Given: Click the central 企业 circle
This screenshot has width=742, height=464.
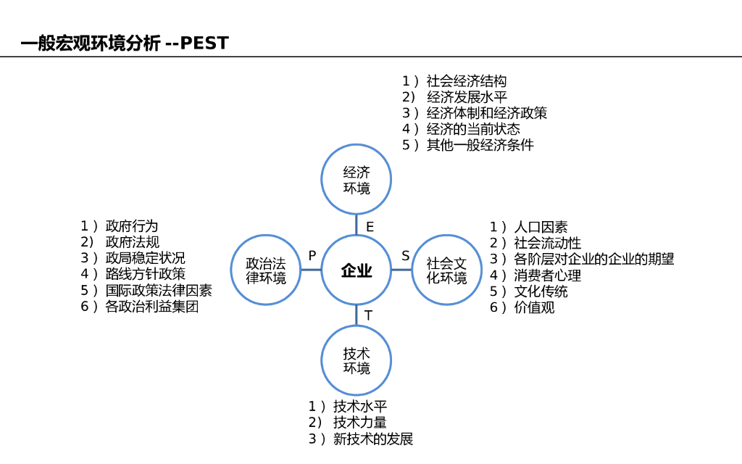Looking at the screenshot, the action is (357, 270).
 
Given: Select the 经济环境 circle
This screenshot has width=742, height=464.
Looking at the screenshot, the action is (357, 180).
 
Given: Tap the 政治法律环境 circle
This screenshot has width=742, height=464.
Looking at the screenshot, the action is (266, 270).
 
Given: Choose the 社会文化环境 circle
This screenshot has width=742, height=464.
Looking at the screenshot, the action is (446, 270).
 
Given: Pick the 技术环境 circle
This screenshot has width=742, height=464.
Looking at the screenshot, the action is (357, 360).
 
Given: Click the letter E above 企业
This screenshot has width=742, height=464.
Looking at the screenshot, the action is (370, 227).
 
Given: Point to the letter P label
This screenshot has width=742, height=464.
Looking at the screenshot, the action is (312, 256).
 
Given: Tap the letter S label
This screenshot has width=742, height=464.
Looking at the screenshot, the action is (406, 256).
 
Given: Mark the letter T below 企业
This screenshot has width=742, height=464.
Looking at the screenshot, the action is (368, 315).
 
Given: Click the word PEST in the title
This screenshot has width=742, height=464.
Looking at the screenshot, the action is (204, 43).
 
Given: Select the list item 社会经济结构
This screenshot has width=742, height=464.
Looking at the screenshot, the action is (467, 81).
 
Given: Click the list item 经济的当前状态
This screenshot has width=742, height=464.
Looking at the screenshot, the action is (473, 129).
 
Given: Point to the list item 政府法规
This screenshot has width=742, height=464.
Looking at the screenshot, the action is (133, 242).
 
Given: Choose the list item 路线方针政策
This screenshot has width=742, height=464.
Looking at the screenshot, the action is (146, 274).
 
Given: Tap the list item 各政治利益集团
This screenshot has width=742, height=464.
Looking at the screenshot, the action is (152, 306).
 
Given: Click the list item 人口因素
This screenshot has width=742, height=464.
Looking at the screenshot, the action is (541, 228).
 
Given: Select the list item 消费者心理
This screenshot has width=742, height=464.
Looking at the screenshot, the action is (547, 275).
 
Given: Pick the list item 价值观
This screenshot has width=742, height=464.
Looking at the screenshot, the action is (534, 307).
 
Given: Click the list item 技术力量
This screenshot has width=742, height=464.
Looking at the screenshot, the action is (359, 423).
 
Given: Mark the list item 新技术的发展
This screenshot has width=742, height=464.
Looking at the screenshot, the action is (372, 439).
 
